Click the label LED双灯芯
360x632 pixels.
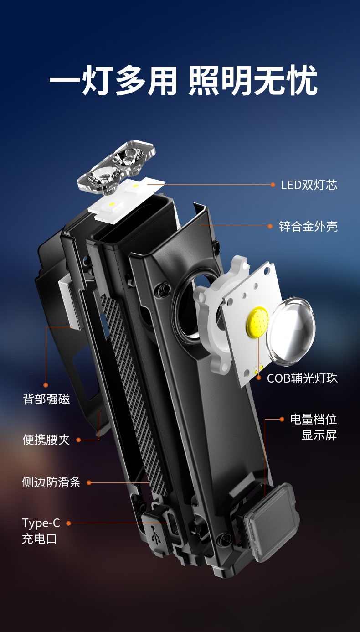(309, 185)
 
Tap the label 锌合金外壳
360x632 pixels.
(308, 226)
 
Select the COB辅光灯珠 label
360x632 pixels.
(302, 378)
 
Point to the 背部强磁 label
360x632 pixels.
(46, 399)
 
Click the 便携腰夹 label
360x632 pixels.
(46, 440)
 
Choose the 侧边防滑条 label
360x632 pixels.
(51, 482)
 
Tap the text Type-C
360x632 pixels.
(41, 523)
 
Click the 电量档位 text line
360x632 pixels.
(314, 419)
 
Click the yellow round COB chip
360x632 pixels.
(257, 322)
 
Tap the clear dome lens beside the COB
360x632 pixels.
(291, 330)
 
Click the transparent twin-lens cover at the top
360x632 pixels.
(116, 167)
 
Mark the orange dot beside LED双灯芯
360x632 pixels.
(273, 185)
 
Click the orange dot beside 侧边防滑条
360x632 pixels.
(89, 483)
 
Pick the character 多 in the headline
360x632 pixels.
(131, 80)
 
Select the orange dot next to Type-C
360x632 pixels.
(68, 523)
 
